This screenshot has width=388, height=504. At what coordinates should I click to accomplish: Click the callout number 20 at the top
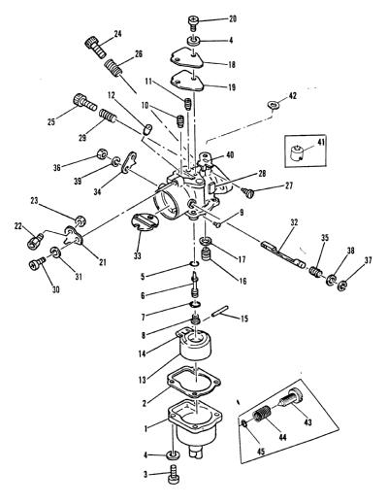click(x=233, y=19)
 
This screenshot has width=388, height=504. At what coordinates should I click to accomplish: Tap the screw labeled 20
click(x=193, y=23)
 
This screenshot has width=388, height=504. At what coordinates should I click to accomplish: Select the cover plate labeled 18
click(x=187, y=57)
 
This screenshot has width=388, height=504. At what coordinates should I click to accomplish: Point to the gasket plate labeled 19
click(x=187, y=80)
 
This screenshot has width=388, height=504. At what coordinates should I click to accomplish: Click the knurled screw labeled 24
click(x=95, y=47)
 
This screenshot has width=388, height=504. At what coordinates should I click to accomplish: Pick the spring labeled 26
click(x=113, y=68)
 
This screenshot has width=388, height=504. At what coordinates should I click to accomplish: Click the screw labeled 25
click(x=84, y=102)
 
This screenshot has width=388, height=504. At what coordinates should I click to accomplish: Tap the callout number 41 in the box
click(x=322, y=142)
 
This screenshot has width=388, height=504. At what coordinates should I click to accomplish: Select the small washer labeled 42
click(x=274, y=105)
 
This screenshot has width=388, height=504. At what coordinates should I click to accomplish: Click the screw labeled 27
click(x=249, y=192)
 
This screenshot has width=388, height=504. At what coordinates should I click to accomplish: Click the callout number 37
click(x=368, y=259)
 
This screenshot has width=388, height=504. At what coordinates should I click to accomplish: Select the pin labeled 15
click(x=220, y=311)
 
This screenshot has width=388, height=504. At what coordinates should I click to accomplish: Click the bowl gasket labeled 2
click(x=194, y=383)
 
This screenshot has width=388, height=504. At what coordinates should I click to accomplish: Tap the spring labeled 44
click(x=262, y=414)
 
